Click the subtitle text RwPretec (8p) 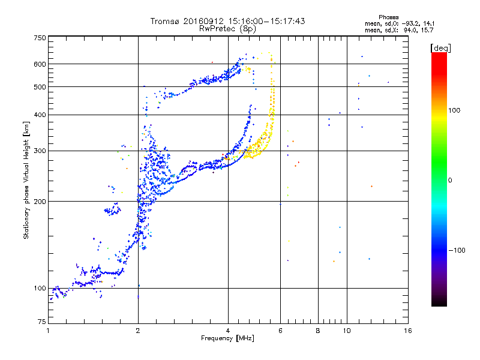[x=227, y=29]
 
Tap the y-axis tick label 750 [x=40, y=38]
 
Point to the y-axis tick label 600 [x=40, y=64]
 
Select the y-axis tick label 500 [x=40, y=87]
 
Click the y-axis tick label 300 [x=40, y=151]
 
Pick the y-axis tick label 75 [x=42, y=322]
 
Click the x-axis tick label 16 [x=408, y=331]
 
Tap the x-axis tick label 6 [x=280, y=331]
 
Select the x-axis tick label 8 [x=318, y=331]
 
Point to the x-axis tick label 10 [x=347, y=331]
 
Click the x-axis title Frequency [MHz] [x=227, y=338]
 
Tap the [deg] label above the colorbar [x=440, y=48]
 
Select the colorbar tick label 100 [x=454, y=110]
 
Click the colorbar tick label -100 [x=457, y=250]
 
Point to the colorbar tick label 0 [x=450, y=181]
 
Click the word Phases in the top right [x=388, y=17]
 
